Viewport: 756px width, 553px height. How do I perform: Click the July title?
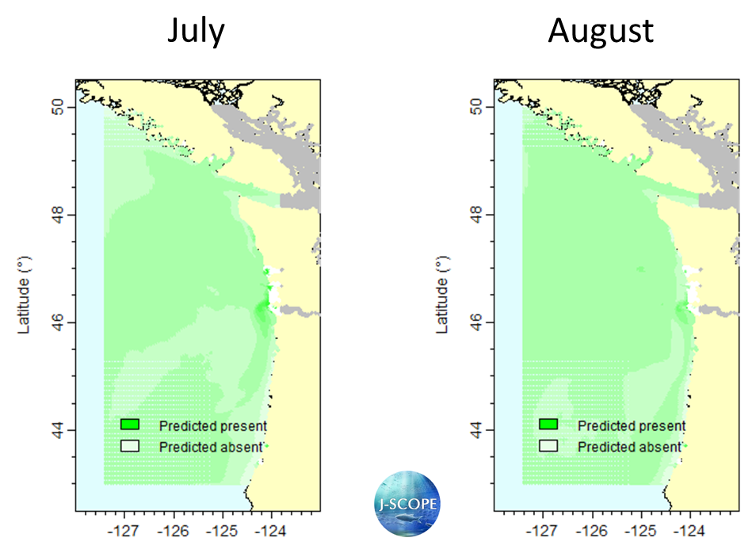pos(195,31)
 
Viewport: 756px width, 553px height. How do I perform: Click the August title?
pos(601,31)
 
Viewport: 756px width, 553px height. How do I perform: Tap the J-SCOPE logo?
pos(407,503)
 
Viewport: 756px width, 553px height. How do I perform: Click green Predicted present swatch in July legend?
pos(130,425)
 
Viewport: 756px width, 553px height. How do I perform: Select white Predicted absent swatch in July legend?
pos(130,446)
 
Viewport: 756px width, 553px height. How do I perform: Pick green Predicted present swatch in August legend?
pos(548,425)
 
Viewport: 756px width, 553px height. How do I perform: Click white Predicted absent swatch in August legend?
pos(548,446)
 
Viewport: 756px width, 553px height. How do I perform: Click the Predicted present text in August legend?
pos(632,426)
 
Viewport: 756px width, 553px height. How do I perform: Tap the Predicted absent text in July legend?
pos(210,448)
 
